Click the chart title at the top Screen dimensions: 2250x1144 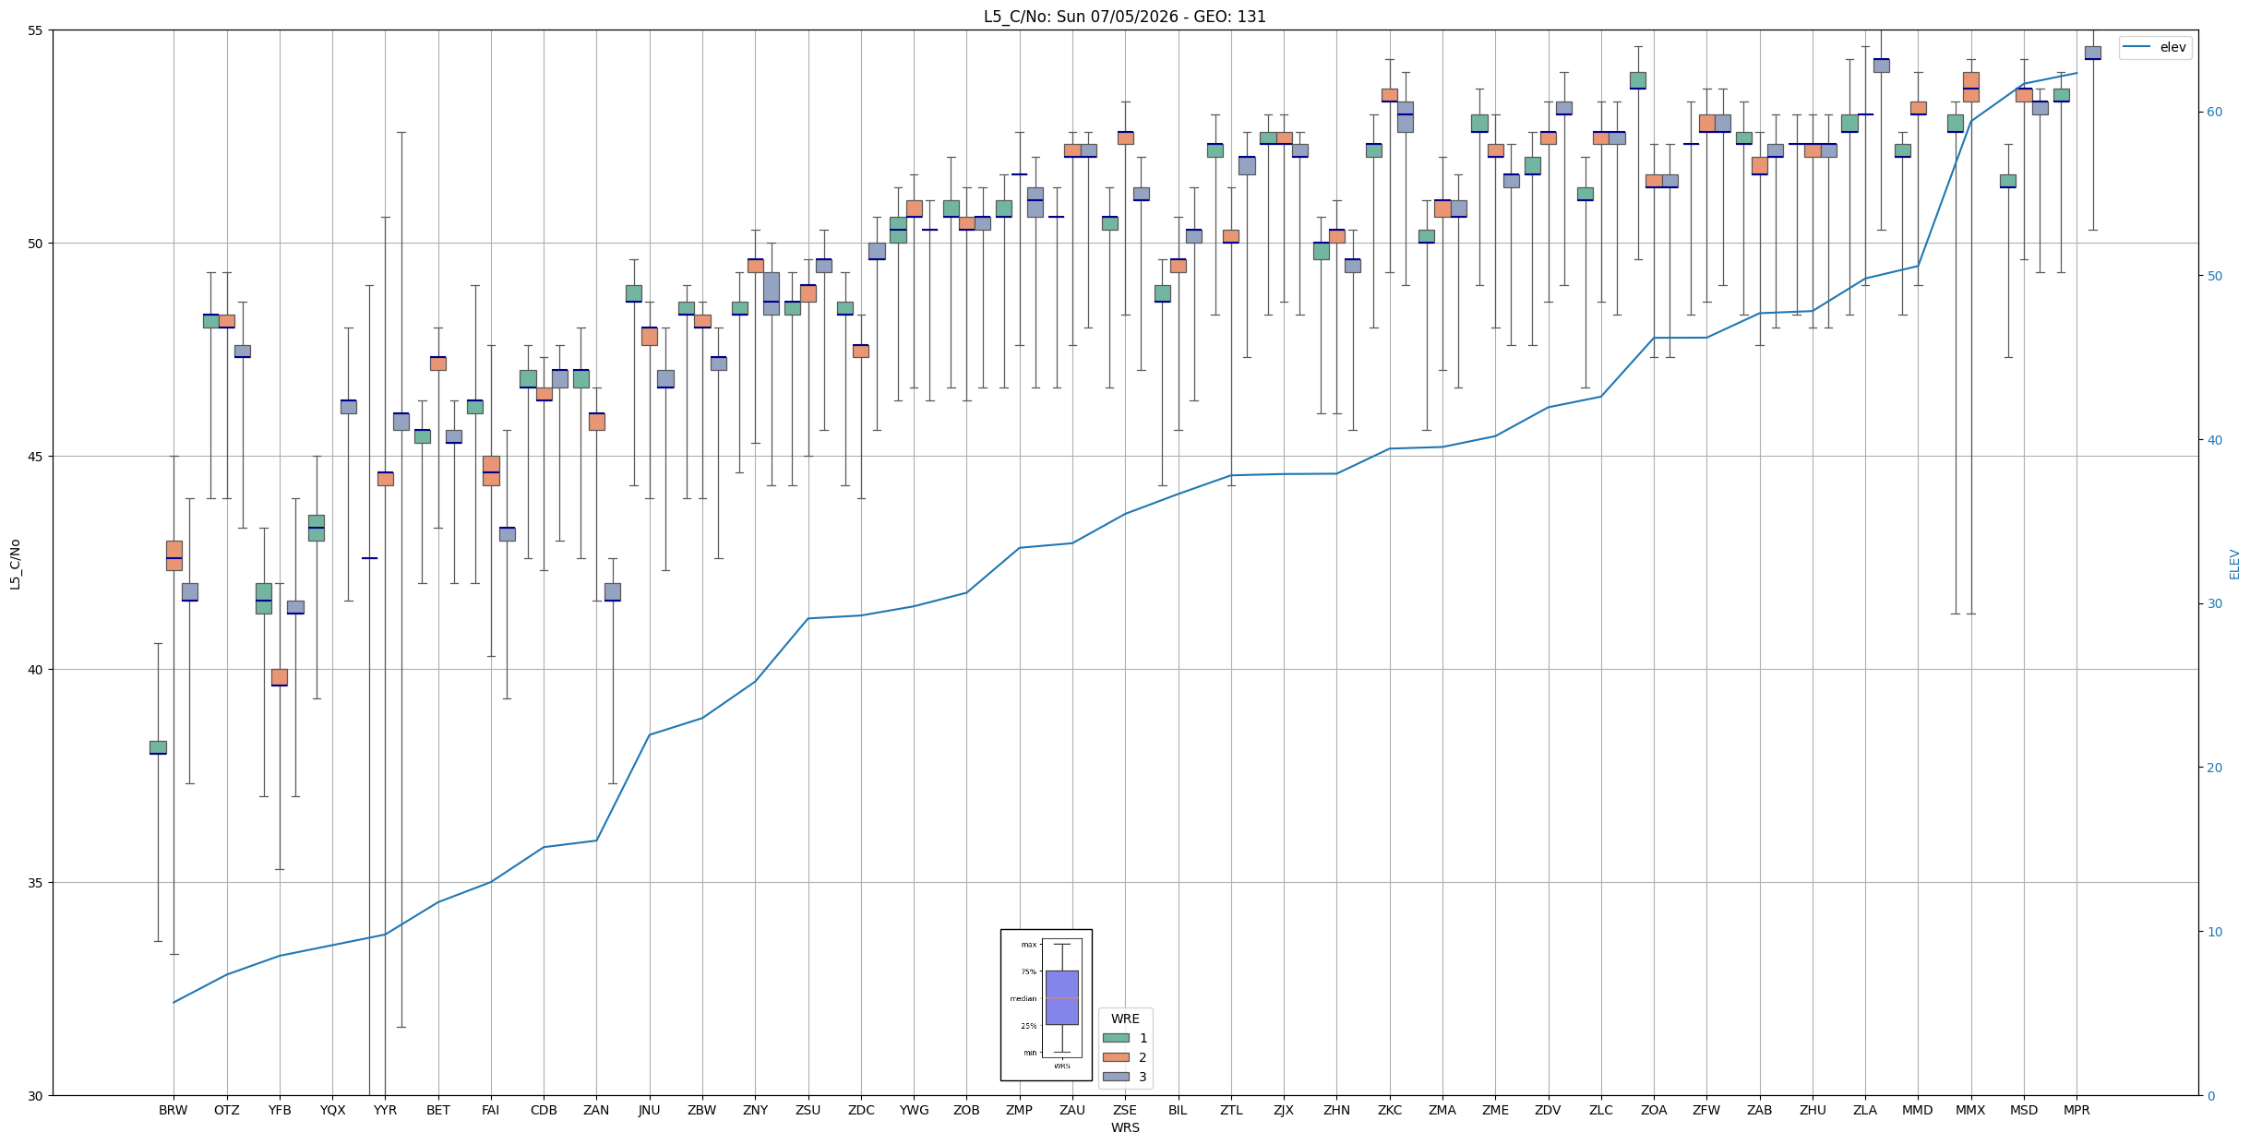(x=1124, y=17)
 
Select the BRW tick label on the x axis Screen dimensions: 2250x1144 (x=174, y=1110)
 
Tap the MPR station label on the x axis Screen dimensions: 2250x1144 (x=2076, y=1110)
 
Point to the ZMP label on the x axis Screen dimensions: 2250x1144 (x=1019, y=1110)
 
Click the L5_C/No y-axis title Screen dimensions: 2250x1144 (x=15, y=564)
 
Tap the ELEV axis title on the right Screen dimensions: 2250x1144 (x=2234, y=564)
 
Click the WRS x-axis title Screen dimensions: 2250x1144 (x=1125, y=1127)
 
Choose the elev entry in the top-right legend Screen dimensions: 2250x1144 (x=2155, y=47)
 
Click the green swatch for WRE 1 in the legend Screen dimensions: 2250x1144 (x=1116, y=1038)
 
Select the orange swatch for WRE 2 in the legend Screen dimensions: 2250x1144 (x=1116, y=1057)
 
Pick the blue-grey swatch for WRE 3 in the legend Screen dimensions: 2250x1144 (x=1116, y=1077)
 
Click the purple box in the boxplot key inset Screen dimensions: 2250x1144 (x=1062, y=997)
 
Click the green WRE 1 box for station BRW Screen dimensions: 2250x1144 (x=158, y=747)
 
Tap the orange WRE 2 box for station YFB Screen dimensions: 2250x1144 (x=280, y=677)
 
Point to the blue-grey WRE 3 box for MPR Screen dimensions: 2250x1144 (x=2093, y=53)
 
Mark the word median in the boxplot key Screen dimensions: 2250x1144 (x=1023, y=998)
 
